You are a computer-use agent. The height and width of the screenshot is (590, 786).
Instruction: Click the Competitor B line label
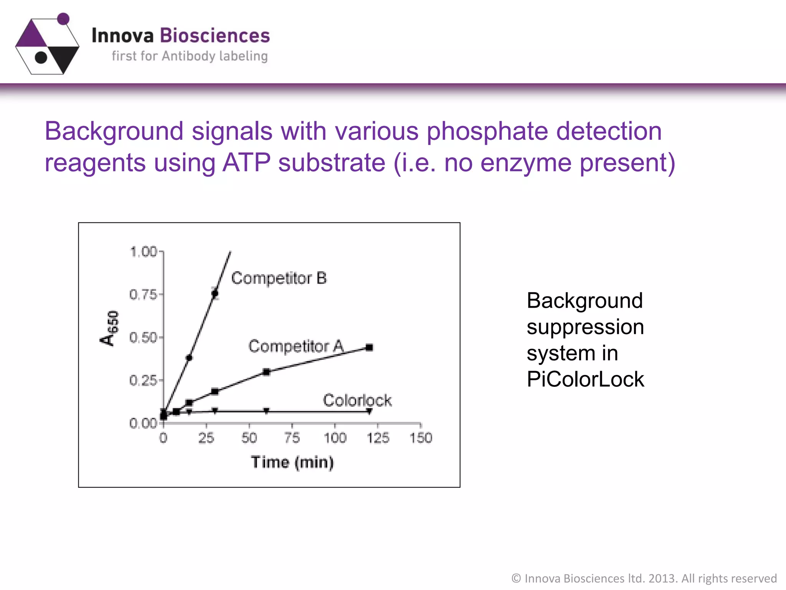pyautogui.click(x=279, y=278)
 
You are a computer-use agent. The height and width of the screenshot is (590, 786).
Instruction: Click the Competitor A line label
pyautogui.click(x=296, y=346)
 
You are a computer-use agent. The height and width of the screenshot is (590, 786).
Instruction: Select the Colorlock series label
pyautogui.click(x=357, y=400)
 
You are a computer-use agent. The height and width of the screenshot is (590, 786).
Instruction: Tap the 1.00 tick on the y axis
pyautogui.click(x=144, y=252)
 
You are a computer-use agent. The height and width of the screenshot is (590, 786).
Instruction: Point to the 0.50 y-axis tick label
pyautogui.click(x=143, y=338)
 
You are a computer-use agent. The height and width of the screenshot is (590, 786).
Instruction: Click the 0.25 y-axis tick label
pyautogui.click(x=143, y=381)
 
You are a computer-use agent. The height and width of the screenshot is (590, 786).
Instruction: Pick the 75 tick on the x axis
pyautogui.click(x=292, y=438)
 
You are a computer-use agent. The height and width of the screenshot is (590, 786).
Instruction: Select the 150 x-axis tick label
pyautogui.click(x=421, y=438)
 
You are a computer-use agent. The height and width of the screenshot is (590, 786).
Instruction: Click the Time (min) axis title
pyautogui.click(x=292, y=462)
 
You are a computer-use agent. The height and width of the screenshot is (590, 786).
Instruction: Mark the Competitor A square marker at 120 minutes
pyautogui.click(x=369, y=347)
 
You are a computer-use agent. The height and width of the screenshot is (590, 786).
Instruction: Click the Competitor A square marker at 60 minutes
pyautogui.click(x=266, y=372)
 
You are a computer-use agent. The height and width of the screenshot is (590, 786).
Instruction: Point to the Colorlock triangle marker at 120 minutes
pyautogui.click(x=369, y=411)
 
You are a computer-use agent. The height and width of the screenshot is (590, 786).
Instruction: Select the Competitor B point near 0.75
pyautogui.click(x=215, y=293)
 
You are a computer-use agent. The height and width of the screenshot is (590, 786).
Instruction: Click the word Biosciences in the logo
pyautogui.click(x=215, y=35)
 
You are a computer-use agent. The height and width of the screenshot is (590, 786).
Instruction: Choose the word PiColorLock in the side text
pyautogui.click(x=585, y=380)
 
